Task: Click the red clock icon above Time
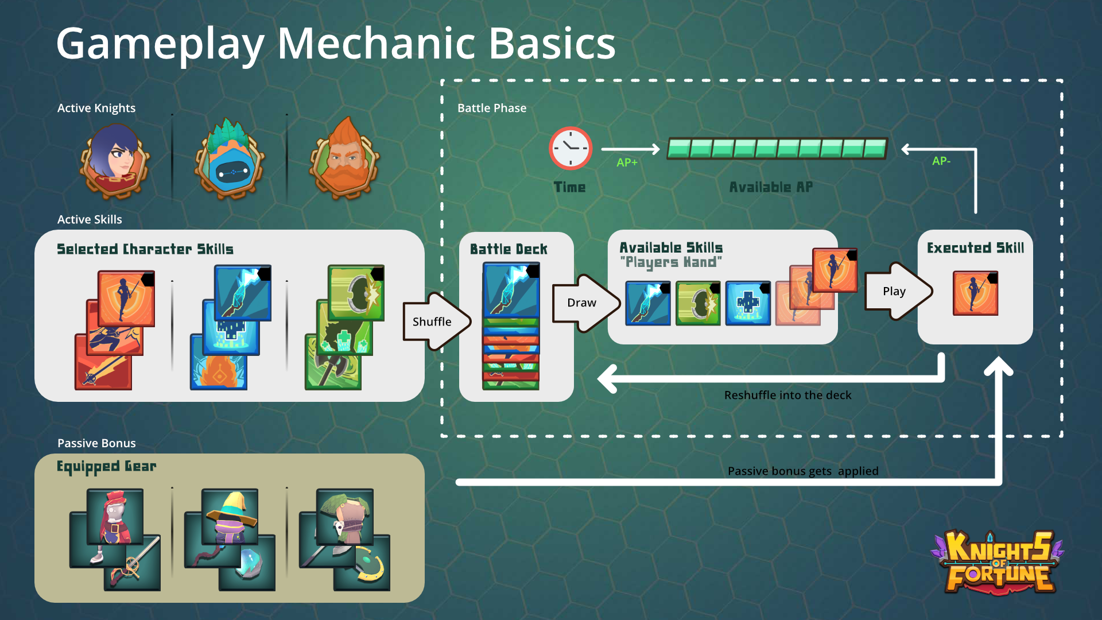tap(570, 148)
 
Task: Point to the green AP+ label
tap(627, 162)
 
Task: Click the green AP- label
tap(941, 161)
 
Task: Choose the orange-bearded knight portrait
tap(344, 158)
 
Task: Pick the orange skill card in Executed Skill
tap(975, 293)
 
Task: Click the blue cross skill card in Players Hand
tap(748, 303)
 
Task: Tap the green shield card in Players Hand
tap(698, 303)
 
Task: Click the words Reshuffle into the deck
tap(787, 395)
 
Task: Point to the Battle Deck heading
tap(509, 249)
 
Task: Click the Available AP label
tap(771, 187)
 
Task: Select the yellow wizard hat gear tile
tap(230, 517)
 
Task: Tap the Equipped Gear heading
tap(106, 466)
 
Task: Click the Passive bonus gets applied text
tap(802, 471)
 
